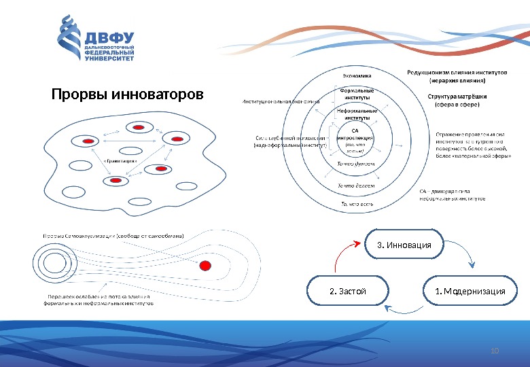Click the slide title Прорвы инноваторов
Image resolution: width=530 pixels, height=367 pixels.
128,92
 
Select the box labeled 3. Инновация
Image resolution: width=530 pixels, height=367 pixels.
404,245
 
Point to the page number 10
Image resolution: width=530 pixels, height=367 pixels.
494,351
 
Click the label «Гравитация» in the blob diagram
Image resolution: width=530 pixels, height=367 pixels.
120,161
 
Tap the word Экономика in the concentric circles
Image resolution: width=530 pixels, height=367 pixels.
357,75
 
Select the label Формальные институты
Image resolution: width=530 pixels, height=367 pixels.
357,93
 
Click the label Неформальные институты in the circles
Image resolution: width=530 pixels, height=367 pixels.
357,113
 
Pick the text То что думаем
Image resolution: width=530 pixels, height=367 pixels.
357,164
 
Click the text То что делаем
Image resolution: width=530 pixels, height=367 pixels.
357,185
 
